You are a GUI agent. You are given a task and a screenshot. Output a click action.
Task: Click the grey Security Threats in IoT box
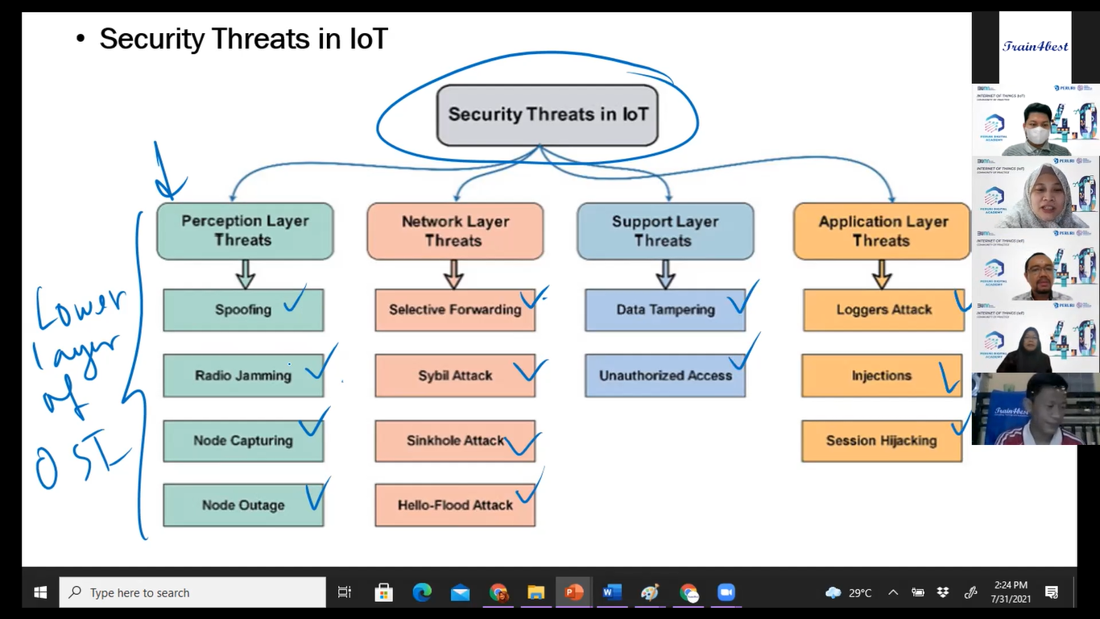(548, 114)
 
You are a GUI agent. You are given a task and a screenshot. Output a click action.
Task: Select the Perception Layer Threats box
(245, 231)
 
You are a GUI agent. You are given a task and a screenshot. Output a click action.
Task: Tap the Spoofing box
(243, 309)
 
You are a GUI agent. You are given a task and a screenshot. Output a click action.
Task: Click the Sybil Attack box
(455, 376)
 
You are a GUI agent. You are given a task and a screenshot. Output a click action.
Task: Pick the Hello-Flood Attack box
(455, 505)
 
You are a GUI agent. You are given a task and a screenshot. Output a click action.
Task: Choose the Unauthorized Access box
(665, 376)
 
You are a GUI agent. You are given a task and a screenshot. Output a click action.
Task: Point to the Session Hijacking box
(881, 441)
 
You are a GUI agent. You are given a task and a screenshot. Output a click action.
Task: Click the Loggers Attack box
(883, 309)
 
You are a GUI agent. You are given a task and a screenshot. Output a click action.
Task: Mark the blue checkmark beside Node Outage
(316, 495)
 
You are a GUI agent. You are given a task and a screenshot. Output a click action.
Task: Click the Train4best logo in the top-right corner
(1035, 46)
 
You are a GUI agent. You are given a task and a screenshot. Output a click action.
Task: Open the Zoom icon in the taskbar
(726, 592)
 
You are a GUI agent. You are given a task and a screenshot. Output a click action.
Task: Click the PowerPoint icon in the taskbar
(573, 592)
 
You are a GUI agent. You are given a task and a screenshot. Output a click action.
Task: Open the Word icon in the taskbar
(611, 592)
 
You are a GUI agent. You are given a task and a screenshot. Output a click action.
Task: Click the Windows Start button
(40, 592)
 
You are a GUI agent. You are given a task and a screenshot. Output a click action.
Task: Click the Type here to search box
(193, 592)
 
